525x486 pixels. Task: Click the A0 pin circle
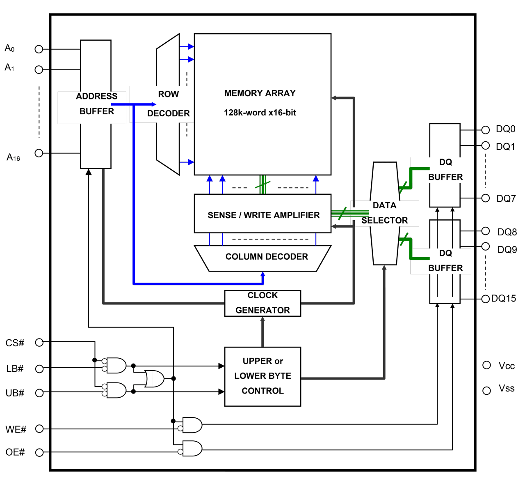coord(39,49)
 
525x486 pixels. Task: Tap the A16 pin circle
coord(39,153)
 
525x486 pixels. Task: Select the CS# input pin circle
coord(39,342)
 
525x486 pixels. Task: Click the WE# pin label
coord(16,429)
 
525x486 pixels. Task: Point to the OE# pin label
coord(15,452)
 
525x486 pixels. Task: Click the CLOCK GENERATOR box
coord(262,303)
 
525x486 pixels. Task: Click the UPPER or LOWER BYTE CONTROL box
coord(262,376)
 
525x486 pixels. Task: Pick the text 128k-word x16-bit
coord(260,113)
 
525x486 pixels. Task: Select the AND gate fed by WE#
coord(192,425)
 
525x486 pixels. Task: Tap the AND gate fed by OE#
coord(192,449)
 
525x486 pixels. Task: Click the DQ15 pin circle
coord(486,299)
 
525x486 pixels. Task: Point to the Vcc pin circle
coord(487,365)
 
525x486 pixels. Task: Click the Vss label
coord(507,389)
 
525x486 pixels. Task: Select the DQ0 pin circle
coord(486,130)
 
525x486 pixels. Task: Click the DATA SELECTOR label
coord(384,213)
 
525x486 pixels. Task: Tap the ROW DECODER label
coord(168,104)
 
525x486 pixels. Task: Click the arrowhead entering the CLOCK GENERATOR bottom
coord(262,320)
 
